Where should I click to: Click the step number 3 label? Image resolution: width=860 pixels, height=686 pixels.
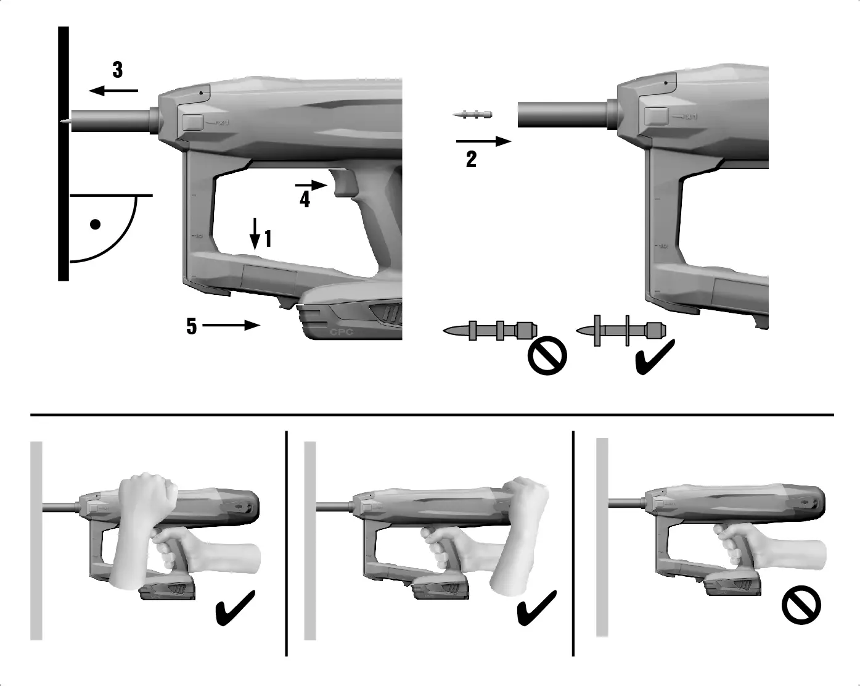tap(118, 70)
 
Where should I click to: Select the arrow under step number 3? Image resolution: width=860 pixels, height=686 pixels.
tap(113, 91)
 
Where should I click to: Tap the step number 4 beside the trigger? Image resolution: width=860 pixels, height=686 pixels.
tap(305, 199)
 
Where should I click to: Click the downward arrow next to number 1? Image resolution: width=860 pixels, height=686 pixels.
tap(255, 233)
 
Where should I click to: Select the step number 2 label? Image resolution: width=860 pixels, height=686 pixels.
tap(472, 160)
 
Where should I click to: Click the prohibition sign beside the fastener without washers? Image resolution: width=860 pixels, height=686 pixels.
tap(547, 356)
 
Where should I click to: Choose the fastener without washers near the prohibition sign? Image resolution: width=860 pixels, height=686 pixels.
tap(491, 331)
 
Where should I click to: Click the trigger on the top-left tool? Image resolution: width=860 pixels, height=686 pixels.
tap(340, 182)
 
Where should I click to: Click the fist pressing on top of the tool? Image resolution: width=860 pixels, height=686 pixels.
tap(147, 494)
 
